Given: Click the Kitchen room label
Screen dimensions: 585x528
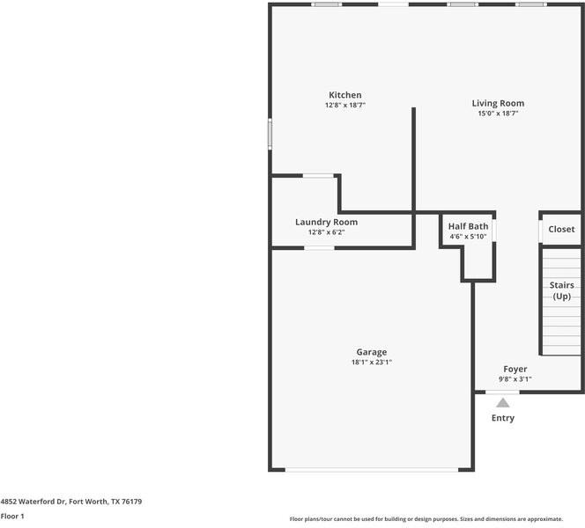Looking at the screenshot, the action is point(345,95).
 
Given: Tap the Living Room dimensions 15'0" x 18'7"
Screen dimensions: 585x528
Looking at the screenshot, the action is point(498,114).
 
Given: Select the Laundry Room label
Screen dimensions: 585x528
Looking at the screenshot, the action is point(327,222).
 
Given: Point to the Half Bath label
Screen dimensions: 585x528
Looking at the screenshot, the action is point(468,226).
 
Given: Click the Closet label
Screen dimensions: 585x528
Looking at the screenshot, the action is point(561,229).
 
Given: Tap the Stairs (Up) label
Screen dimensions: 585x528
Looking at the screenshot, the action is point(562,290).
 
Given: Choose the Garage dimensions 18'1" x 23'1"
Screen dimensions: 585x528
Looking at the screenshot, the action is point(372,362).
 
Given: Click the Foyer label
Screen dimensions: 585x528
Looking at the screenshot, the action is point(515,369).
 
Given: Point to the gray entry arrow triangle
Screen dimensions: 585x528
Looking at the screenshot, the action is point(503,403).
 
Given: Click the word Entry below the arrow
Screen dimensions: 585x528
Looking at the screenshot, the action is point(503,418).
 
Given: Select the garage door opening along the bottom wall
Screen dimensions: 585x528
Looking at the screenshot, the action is point(372,470).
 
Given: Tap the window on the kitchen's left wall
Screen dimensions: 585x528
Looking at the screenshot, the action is point(270,134).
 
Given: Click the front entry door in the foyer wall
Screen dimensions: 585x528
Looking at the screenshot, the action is point(502,392).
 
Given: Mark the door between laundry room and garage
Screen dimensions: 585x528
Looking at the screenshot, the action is point(319,248).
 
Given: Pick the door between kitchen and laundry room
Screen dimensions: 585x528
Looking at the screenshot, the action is point(318,175).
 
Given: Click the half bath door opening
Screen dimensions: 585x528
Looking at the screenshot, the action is point(494,231).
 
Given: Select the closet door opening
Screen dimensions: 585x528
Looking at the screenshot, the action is point(541,231).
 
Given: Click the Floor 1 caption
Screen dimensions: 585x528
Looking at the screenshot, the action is point(12,516).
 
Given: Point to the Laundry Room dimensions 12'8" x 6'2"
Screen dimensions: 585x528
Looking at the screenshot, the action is point(327,232).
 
